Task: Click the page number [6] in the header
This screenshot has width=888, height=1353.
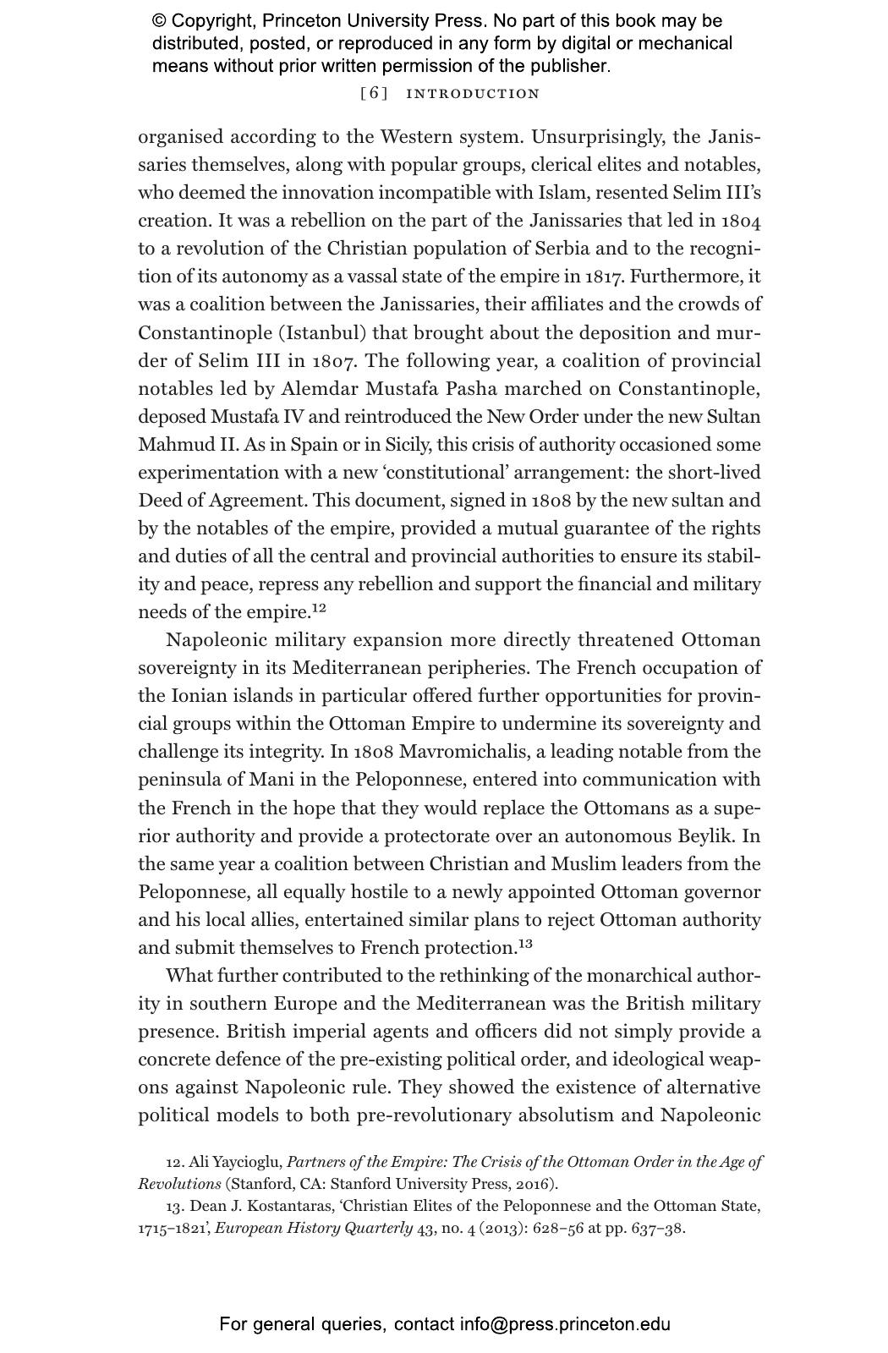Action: (374, 94)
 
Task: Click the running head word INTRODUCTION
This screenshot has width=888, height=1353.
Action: (473, 94)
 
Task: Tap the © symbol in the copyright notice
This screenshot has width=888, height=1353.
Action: (160, 21)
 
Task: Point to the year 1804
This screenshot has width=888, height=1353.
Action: (741, 221)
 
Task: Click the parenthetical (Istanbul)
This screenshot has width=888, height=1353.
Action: (327, 332)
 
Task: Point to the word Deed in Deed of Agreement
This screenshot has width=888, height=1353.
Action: (158, 500)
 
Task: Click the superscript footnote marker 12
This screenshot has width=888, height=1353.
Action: (319, 607)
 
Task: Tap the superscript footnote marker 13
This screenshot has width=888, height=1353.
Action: (525, 943)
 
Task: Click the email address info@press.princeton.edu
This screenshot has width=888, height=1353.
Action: (565, 1324)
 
